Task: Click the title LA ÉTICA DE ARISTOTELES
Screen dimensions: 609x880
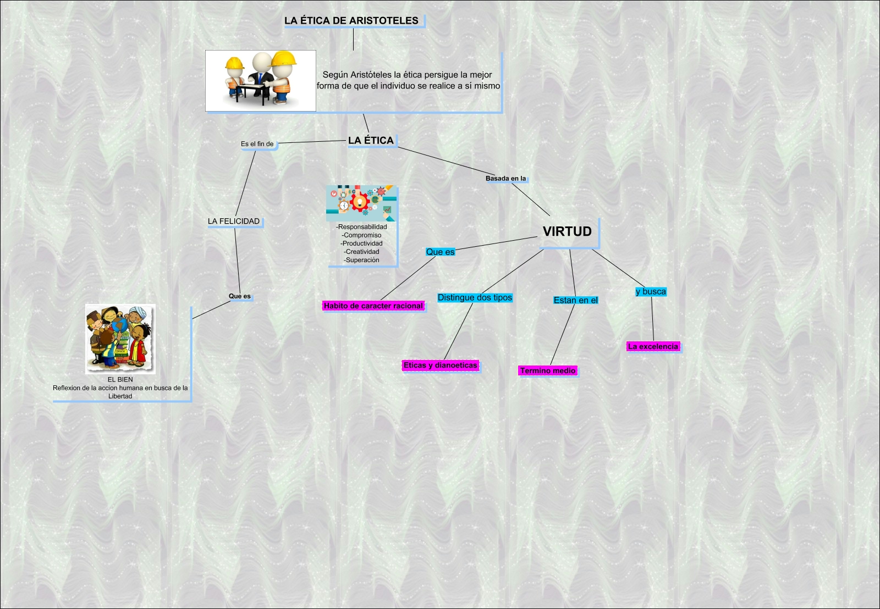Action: (351, 21)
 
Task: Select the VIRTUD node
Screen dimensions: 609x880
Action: (567, 231)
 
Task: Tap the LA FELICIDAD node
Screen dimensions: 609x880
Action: (234, 222)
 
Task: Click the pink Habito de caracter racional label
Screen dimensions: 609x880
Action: (373, 306)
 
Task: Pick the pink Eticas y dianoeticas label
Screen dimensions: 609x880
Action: (440, 366)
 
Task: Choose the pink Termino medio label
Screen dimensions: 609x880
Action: (547, 371)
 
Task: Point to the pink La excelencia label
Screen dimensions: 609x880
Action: (653, 347)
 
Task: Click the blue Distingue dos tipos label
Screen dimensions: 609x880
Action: (475, 298)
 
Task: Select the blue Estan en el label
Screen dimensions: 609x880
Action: (575, 300)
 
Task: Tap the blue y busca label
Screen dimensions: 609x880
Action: (651, 292)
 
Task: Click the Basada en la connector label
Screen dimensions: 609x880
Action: (505, 179)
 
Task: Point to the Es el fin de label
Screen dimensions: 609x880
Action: (257, 144)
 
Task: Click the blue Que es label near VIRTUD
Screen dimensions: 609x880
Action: (440, 252)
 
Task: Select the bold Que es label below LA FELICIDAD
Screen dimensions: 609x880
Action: (239, 296)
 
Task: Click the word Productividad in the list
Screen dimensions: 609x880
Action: (362, 243)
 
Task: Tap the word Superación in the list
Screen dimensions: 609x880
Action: (362, 260)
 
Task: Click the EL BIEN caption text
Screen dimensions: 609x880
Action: (120, 380)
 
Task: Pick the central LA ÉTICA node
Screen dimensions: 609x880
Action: (371, 141)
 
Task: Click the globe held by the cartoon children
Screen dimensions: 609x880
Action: (117, 326)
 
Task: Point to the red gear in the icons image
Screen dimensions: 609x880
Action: (360, 201)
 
